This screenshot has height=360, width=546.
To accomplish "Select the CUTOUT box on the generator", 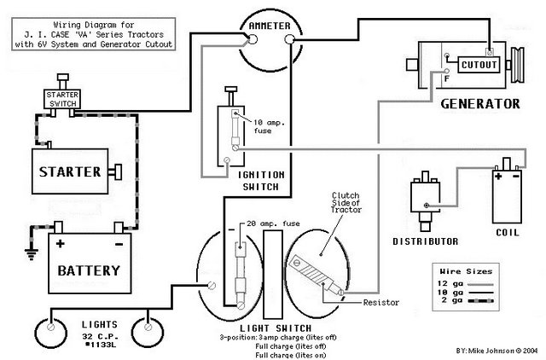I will tap(477, 64).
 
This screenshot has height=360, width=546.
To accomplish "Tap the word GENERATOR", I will tap(479, 104).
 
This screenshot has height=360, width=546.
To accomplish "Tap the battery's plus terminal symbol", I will tap(60, 244).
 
